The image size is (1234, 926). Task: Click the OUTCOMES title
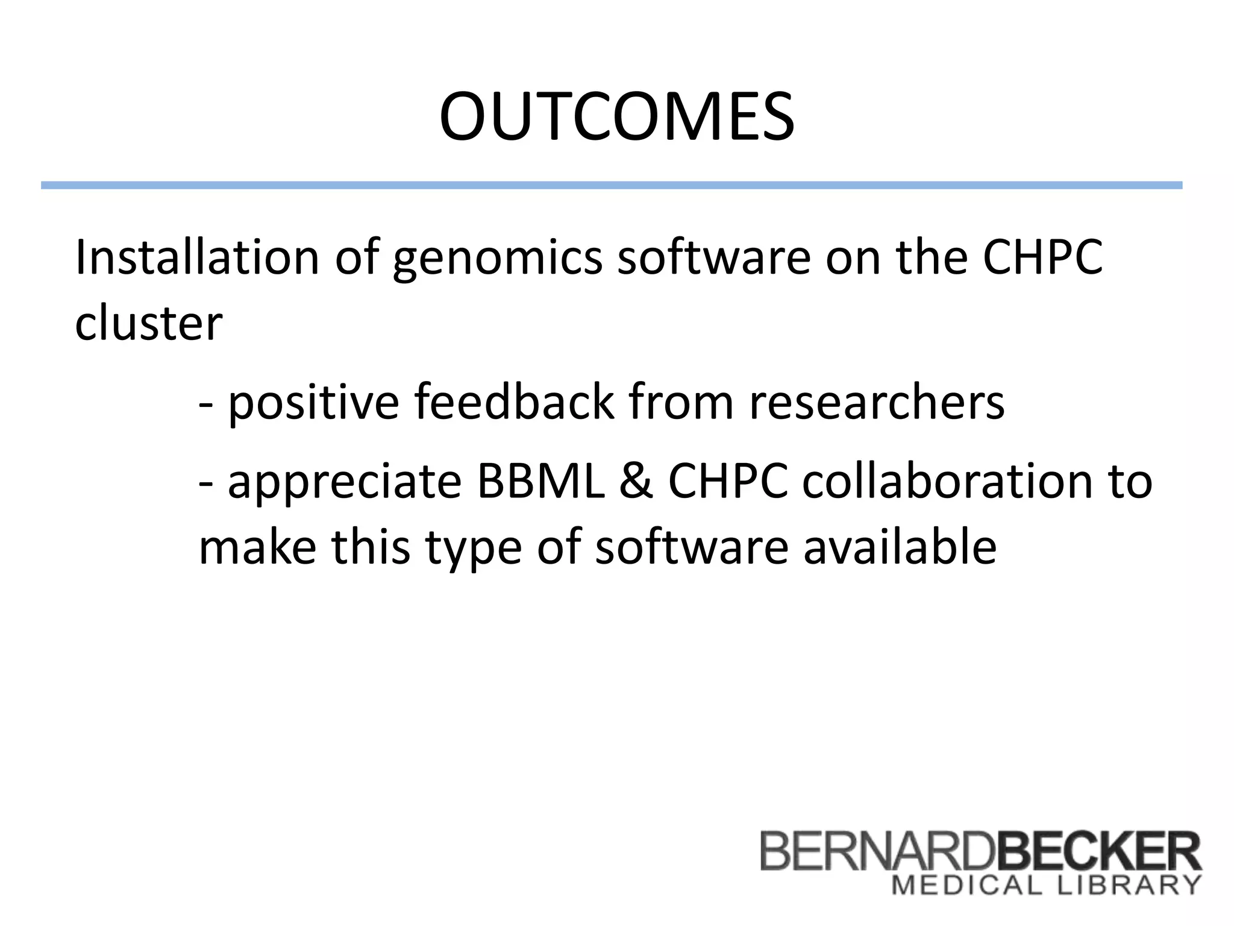pos(616,117)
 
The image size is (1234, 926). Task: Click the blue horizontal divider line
pos(611,186)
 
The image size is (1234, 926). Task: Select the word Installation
pos(196,257)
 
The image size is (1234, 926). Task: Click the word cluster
pos(148,324)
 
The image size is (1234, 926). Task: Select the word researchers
pos(877,403)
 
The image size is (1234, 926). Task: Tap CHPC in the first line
pos(1042,257)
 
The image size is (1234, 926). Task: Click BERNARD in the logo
pos(877,851)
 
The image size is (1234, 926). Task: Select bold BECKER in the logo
pos(1098,851)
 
